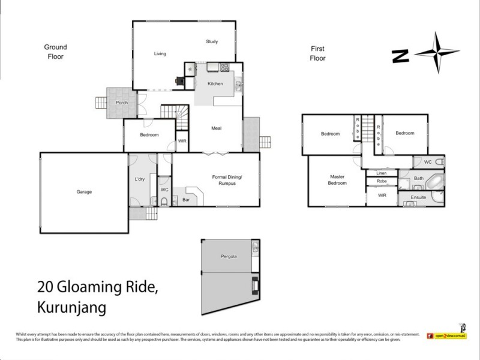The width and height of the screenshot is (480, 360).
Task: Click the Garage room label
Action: pyautogui.click(x=84, y=192)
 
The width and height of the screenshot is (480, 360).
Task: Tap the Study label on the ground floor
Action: pyautogui.click(x=212, y=41)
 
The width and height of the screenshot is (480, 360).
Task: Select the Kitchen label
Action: pyautogui.click(x=215, y=83)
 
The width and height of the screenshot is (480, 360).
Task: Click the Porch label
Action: pyautogui.click(x=122, y=103)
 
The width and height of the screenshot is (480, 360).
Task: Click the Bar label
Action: pyautogui.click(x=186, y=199)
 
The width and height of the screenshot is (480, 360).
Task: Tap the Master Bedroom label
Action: pyautogui.click(x=338, y=180)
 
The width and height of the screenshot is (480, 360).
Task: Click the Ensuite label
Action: pyautogui.click(x=418, y=197)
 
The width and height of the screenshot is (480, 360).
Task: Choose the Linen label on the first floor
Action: pyautogui.click(x=382, y=173)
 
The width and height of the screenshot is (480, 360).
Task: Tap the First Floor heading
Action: pyautogui.click(x=317, y=53)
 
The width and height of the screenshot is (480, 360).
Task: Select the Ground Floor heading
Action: pyautogui.click(x=55, y=52)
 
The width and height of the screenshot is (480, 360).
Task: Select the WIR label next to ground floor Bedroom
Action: pyautogui.click(x=182, y=142)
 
